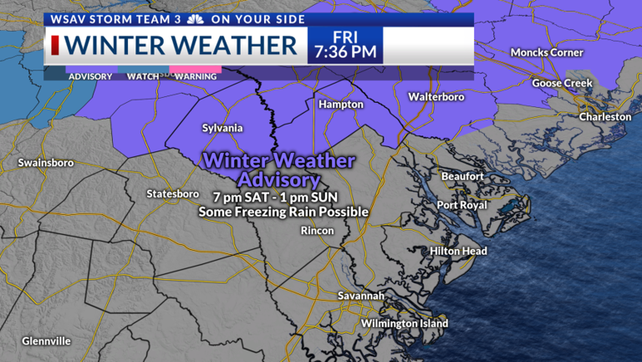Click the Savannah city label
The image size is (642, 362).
361,296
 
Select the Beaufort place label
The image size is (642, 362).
462,176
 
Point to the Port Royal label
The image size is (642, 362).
461,205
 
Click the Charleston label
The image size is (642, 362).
605,117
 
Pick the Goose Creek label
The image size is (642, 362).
562,84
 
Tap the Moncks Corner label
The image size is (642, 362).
547,53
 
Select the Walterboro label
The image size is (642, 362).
436,97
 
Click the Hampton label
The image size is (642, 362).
340,105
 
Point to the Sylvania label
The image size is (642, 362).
222,128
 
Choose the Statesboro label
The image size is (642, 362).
172,194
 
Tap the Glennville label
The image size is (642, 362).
47,341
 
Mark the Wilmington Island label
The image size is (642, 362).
405,324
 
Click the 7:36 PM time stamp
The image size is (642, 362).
344,53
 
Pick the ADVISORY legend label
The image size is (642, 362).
90,76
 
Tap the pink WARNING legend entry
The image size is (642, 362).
196,76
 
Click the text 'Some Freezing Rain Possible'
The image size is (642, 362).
283,212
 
